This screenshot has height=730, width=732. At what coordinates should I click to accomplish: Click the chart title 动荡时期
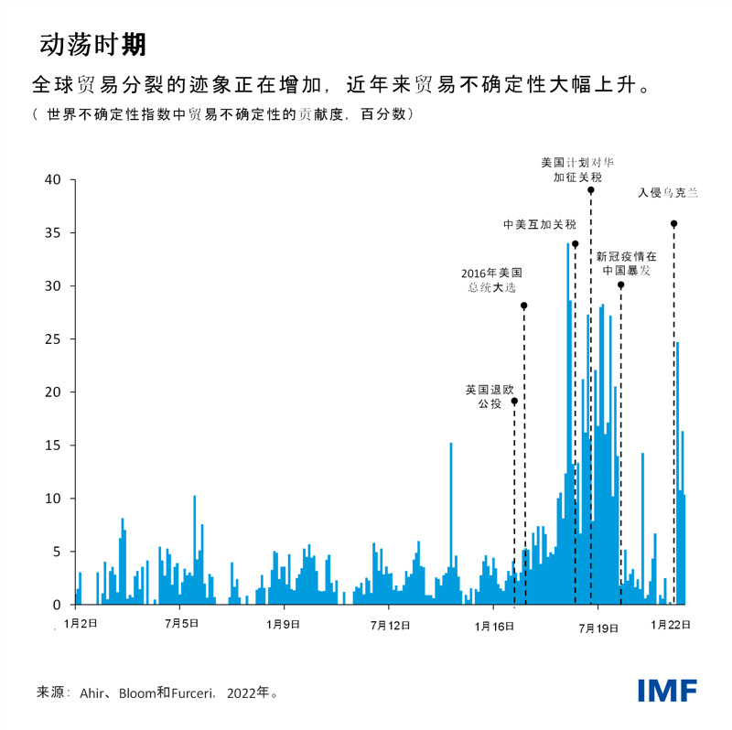93,44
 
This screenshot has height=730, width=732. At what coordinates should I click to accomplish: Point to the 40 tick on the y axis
53,180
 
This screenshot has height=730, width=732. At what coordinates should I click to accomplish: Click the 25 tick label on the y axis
53,339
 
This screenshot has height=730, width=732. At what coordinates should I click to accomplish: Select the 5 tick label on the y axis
57,552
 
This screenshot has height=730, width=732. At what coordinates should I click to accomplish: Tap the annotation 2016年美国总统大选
491,280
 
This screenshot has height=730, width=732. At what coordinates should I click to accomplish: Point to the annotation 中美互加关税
540,224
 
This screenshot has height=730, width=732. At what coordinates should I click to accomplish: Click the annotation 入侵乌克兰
668,193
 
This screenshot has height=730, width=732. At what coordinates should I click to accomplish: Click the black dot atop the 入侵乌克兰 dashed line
673,223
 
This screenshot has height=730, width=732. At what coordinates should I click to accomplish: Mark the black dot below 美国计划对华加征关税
591,190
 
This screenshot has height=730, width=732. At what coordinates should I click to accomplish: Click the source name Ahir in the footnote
95,692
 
